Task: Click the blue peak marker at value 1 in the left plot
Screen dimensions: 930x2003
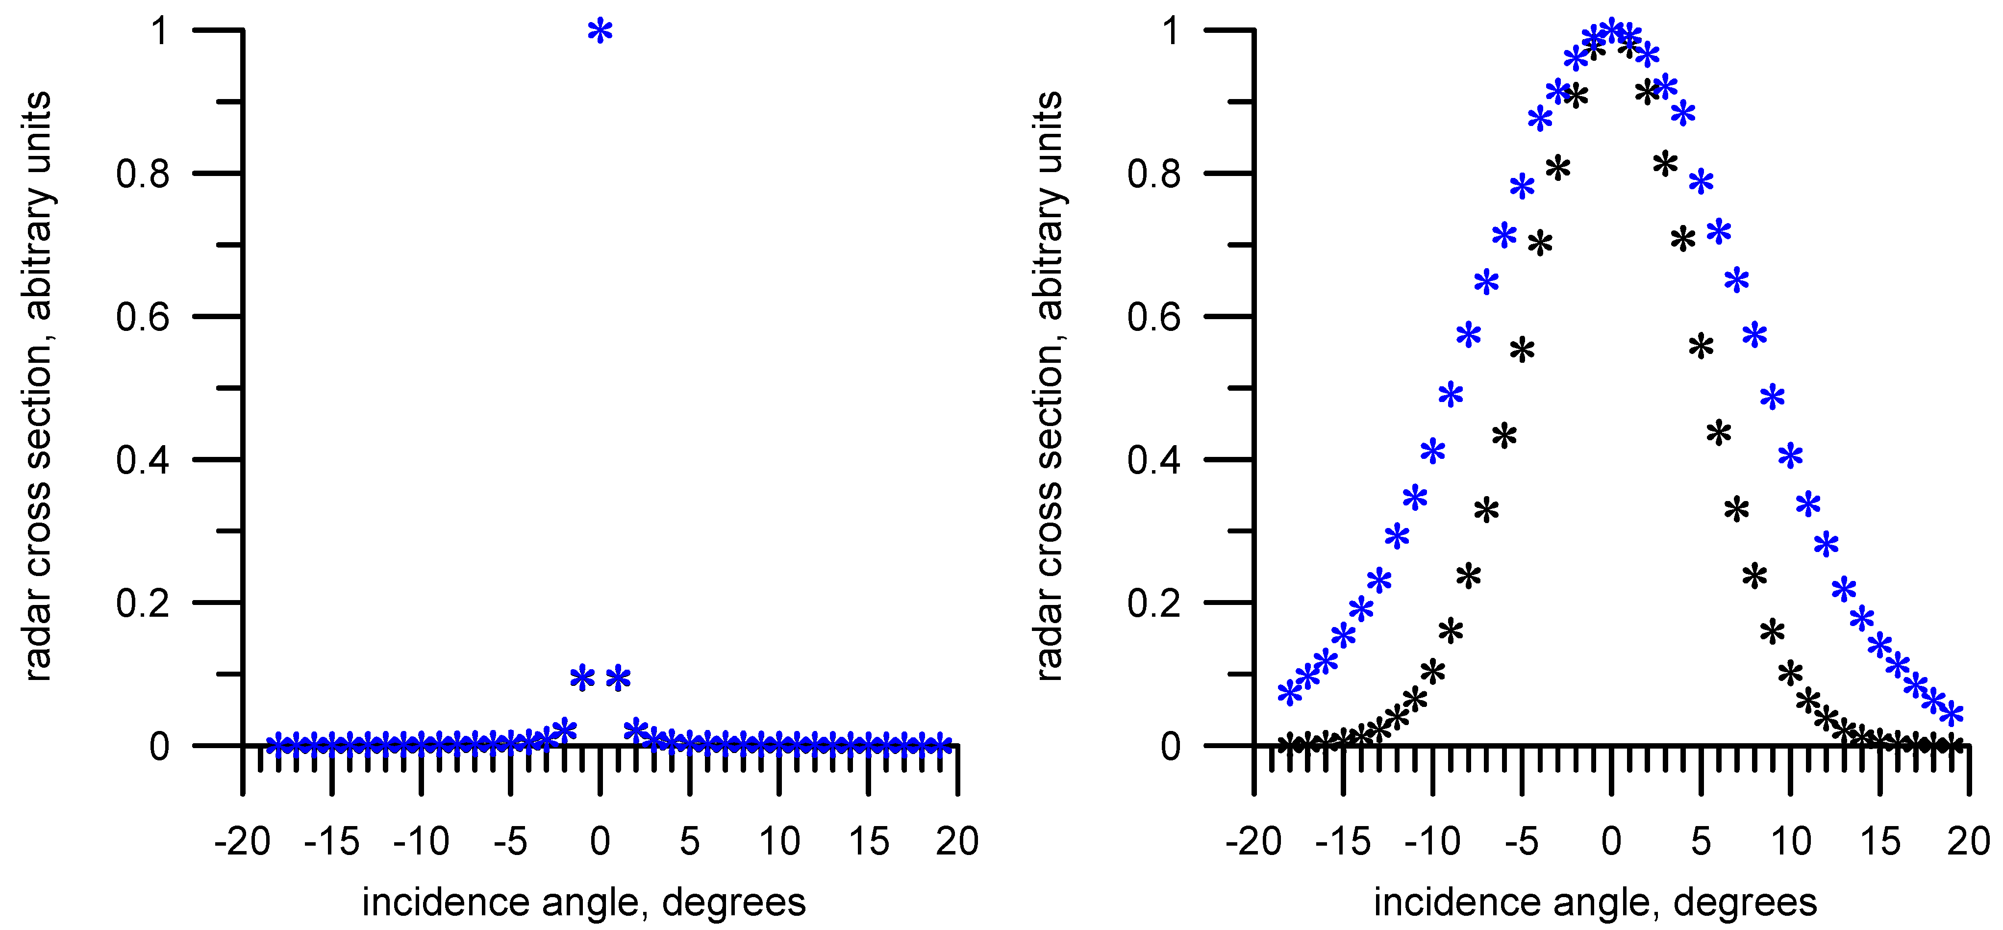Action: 600,32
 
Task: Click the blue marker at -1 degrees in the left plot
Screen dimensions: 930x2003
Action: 582,678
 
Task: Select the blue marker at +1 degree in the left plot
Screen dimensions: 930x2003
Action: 618,678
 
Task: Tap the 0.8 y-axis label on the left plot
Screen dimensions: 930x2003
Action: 143,174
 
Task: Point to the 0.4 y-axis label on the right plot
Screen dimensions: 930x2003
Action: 1154,459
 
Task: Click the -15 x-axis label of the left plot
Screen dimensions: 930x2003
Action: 332,841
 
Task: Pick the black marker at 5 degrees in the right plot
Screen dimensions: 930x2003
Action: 1701,346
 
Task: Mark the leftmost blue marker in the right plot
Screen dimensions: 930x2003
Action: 1289,693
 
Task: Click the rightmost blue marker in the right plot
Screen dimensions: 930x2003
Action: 1952,714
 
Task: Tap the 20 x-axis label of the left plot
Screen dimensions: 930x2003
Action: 957,841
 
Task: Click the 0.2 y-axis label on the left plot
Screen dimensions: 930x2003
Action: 143,603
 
